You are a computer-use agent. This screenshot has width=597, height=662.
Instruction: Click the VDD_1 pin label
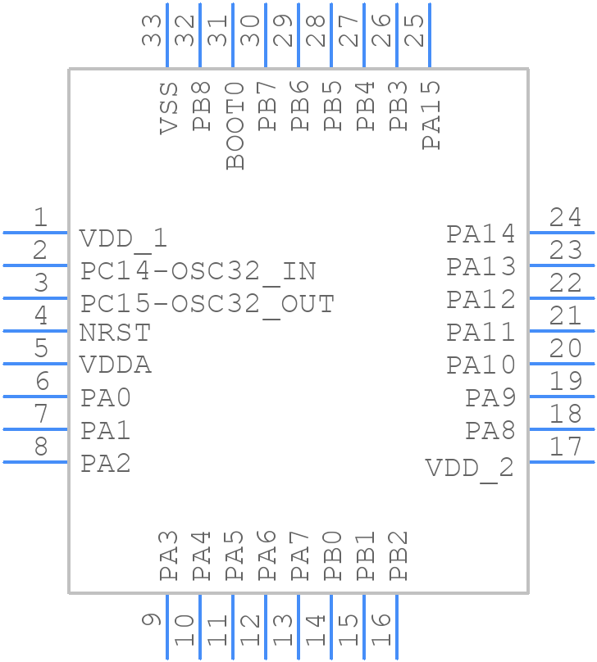[123, 238]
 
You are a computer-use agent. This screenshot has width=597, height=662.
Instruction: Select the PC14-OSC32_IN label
[198, 271]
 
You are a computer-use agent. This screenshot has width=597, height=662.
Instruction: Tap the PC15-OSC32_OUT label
[207, 304]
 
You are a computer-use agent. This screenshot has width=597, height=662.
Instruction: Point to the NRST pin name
[115, 333]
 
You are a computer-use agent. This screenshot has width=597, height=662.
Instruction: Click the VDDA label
[116, 365]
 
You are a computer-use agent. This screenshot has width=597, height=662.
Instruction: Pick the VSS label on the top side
[169, 107]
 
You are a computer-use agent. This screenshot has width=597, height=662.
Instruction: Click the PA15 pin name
[431, 115]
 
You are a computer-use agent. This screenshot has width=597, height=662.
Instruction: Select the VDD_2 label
[469, 468]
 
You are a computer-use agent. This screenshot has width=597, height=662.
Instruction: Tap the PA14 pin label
[481, 234]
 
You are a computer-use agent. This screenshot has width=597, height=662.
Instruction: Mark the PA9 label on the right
[490, 398]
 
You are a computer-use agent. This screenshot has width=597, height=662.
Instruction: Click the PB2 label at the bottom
[399, 555]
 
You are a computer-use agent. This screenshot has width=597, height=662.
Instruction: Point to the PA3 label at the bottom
[169, 555]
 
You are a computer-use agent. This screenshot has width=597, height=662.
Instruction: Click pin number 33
[153, 28]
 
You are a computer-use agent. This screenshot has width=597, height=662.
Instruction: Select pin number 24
[566, 217]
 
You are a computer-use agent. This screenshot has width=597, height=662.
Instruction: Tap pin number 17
[566, 447]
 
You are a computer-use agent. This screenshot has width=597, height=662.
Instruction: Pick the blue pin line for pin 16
[397, 627]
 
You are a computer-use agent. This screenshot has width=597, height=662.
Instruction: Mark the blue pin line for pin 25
[430, 35]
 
